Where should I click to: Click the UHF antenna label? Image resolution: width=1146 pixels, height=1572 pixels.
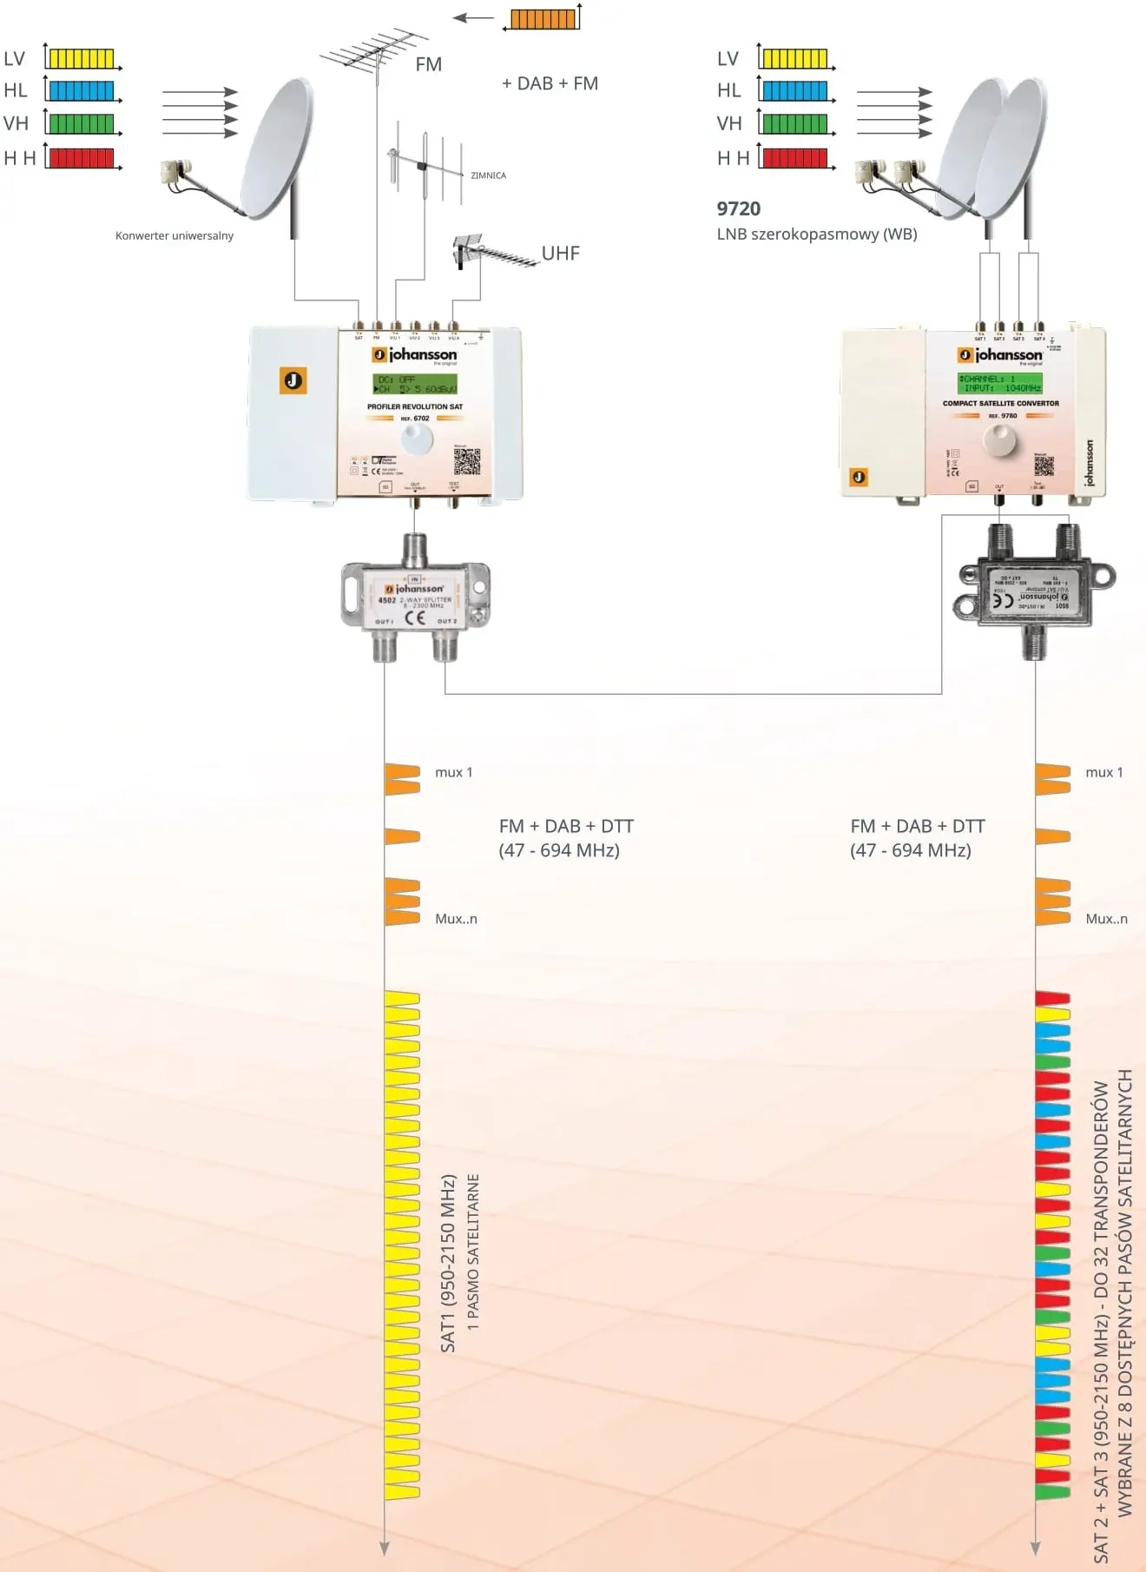tap(560, 254)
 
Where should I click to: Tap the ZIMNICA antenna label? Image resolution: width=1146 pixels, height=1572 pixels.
tap(488, 175)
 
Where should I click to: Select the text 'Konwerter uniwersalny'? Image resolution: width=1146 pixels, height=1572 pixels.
tap(175, 235)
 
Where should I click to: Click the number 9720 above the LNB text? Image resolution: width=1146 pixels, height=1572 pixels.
tap(738, 208)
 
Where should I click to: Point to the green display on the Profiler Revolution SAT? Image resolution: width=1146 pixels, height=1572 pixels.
tap(415, 384)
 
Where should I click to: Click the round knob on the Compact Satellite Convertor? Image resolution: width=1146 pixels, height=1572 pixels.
tap(998, 440)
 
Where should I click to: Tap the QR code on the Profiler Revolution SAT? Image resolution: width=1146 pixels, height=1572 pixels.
tap(466, 461)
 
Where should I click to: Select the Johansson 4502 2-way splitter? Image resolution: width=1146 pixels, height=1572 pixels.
tap(416, 598)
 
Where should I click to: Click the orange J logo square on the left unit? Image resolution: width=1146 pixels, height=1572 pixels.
tap(293, 380)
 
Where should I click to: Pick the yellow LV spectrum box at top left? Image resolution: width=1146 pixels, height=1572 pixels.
tap(82, 59)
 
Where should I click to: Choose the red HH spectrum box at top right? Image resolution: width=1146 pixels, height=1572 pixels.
tap(795, 158)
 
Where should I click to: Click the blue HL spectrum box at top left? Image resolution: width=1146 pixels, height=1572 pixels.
tap(82, 91)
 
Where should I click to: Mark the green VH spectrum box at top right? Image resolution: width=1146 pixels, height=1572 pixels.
tap(795, 124)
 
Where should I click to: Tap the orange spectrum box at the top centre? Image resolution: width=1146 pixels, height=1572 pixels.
tap(543, 19)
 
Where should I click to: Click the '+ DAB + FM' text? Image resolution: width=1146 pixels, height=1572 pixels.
tap(550, 83)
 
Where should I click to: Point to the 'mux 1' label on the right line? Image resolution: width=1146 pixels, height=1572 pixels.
tap(1103, 772)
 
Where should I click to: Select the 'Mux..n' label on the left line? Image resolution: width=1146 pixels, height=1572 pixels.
tap(456, 919)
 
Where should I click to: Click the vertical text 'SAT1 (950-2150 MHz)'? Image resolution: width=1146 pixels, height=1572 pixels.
tap(448, 1264)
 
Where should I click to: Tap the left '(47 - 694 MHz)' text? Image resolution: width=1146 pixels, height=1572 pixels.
tap(559, 850)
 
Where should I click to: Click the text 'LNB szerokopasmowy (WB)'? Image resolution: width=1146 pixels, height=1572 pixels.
tap(816, 234)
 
